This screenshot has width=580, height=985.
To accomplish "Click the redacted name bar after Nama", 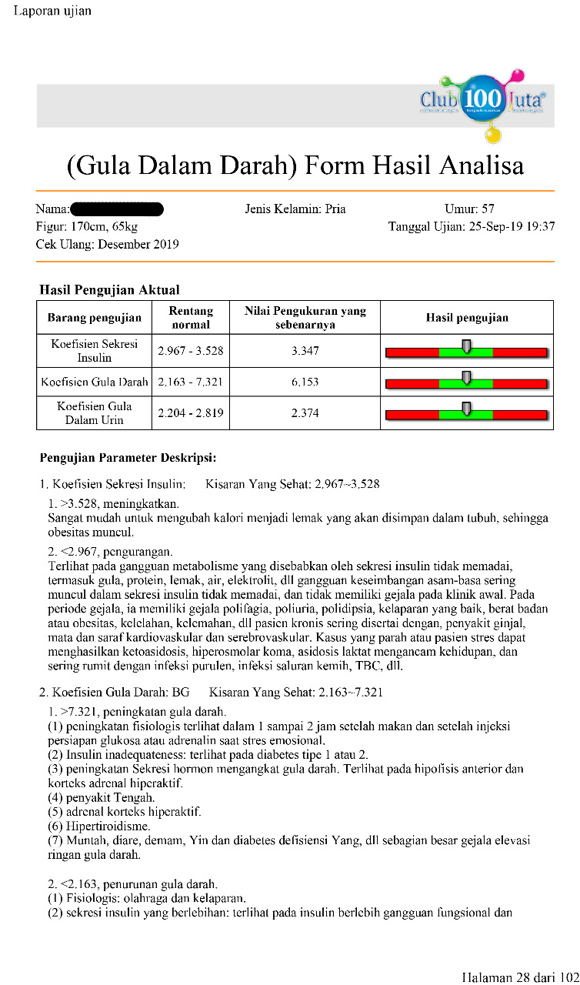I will [117, 209].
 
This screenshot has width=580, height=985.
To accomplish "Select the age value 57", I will [488, 209].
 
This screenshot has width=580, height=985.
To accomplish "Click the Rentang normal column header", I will [191, 317].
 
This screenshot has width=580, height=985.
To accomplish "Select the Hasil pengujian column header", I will [467, 317].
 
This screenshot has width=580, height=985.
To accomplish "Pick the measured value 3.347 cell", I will [305, 351].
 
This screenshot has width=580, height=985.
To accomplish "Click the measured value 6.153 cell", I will [305, 382].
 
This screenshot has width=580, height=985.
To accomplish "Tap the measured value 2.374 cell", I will [305, 413].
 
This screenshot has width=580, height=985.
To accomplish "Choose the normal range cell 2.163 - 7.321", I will [191, 382].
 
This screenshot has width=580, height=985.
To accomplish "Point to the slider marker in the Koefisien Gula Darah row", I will [466, 377].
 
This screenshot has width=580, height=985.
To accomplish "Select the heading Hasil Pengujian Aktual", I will [109, 290].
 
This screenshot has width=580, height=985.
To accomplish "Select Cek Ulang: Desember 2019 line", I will [107, 245].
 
